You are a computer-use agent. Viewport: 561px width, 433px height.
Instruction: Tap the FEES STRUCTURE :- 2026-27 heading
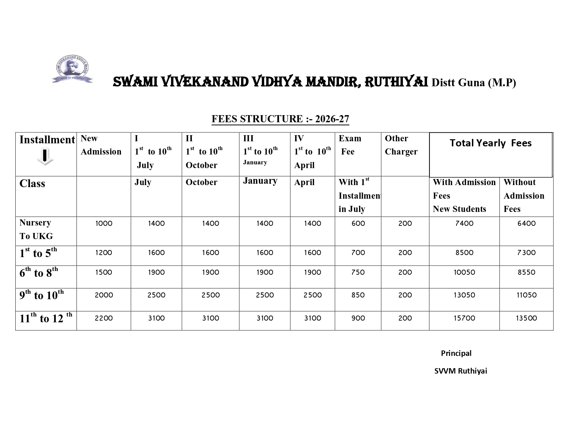(x=280, y=119)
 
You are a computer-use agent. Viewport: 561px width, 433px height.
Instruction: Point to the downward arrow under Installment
(x=45, y=157)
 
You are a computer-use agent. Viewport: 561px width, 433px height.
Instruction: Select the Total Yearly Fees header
(x=490, y=143)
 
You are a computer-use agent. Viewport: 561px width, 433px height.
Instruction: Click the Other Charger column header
(x=401, y=145)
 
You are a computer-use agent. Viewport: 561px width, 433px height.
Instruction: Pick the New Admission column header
(x=101, y=145)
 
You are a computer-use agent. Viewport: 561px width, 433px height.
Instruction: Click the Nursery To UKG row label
(x=36, y=229)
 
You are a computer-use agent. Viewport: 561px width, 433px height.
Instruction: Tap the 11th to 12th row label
(x=46, y=318)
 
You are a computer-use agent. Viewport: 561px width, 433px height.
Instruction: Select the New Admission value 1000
(x=104, y=223)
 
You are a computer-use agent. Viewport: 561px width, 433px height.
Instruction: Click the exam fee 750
(x=358, y=272)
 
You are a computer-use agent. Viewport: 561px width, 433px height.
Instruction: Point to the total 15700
(x=464, y=318)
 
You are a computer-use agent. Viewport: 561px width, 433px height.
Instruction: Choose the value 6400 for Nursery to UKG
(x=526, y=223)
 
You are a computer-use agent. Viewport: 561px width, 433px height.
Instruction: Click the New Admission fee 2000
(x=104, y=295)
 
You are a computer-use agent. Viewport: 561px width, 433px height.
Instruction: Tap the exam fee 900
(x=358, y=318)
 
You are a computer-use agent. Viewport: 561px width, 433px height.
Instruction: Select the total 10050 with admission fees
(x=464, y=272)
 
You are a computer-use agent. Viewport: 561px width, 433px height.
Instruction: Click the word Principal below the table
(x=456, y=353)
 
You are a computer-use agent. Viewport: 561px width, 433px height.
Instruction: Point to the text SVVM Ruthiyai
(x=460, y=371)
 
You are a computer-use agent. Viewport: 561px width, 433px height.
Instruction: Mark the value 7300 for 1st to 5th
(x=526, y=253)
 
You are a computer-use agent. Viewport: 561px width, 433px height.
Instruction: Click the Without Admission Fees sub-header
(x=524, y=196)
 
